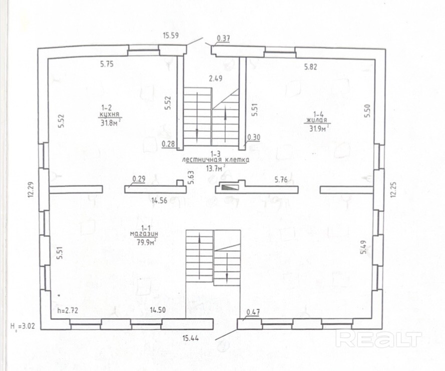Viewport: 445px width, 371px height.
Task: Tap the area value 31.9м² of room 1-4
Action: pos(319,128)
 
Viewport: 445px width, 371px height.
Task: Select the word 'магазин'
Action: pos(144,234)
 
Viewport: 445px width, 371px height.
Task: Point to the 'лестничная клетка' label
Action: pos(216,160)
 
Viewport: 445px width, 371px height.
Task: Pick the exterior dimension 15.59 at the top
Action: pos(171,36)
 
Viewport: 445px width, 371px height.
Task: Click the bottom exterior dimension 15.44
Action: pos(190,338)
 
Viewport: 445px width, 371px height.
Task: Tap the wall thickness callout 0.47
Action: pos(253,312)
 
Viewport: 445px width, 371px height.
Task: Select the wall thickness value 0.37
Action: pos(223,39)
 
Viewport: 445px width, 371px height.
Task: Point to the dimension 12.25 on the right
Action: pos(393,189)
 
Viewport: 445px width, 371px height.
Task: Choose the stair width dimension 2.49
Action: pos(216,78)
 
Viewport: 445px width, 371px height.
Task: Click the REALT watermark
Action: pos(378,338)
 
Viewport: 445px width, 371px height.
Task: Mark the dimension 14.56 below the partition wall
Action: pos(159,201)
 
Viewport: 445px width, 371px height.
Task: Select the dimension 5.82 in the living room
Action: pos(310,67)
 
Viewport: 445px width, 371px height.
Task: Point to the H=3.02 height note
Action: pos(23,326)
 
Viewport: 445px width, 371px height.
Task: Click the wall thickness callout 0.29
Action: pos(139,179)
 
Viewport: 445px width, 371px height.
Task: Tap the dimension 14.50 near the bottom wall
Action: pos(158,310)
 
